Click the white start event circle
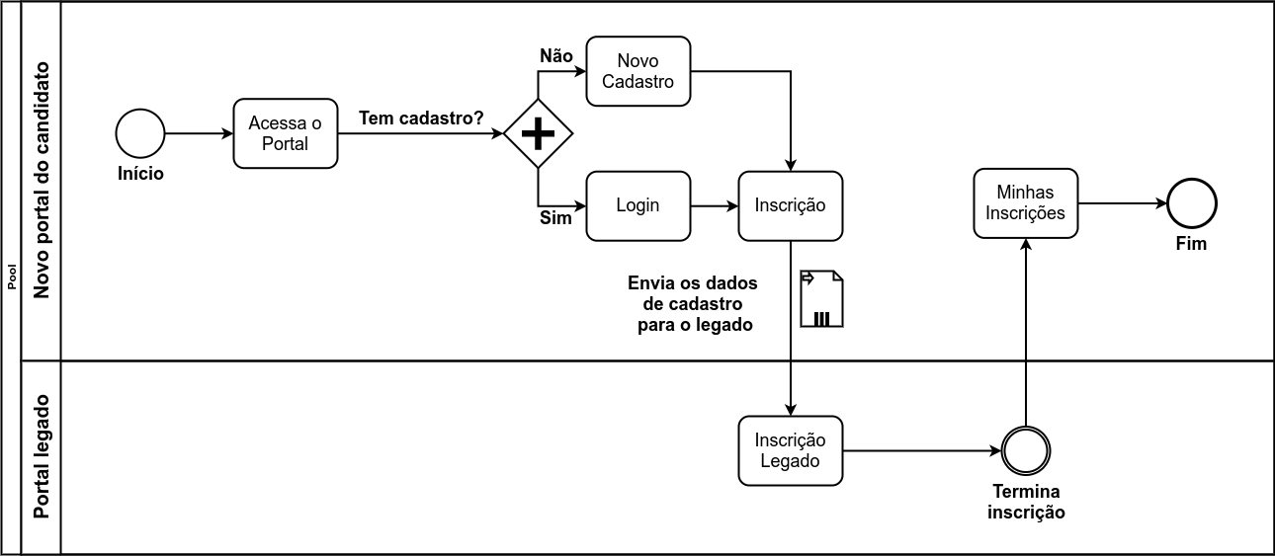coord(140,133)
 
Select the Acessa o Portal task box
coord(286,133)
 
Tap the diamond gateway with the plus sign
coord(538,133)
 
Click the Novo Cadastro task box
coord(637,71)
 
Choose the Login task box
coord(637,205)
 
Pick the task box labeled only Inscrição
coord(790,205)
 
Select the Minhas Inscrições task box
coord(1025,202)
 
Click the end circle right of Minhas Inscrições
coord(1191,204)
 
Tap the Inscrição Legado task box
coord(790,450)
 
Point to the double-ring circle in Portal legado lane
coord(1025,451)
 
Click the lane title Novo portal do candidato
coord(42,180)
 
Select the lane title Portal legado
coord(42,457)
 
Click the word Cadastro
coord(637,82)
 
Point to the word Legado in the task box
coord(790,461)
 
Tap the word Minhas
coord(1025,193)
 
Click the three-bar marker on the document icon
coord(821,318)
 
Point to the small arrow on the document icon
coord(807,278)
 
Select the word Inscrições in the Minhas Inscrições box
coord(1025,213)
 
